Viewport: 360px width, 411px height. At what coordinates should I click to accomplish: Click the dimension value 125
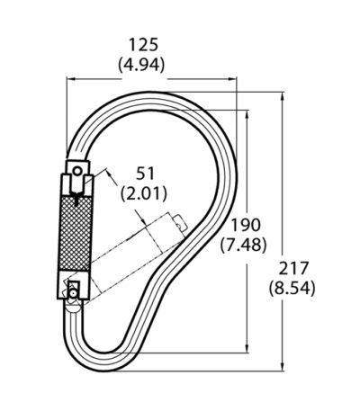coord(143,45)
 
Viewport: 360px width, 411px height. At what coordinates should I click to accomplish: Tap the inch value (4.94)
coord(141,64)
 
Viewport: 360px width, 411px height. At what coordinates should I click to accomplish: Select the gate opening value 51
coord(145,174)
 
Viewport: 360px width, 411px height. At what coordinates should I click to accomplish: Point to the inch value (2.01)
coord(143,192)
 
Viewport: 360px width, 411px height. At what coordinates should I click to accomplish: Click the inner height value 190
coord(245,225)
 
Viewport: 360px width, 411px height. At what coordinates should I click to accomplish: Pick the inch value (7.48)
coord(243,245)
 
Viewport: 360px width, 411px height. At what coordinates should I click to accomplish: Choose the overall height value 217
coord(293,268)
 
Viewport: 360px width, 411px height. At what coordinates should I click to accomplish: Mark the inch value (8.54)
coord(292,288)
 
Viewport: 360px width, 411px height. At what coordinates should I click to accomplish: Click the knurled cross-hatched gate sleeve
coord(75,234)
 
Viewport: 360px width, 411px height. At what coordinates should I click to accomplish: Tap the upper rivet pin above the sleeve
coord(77,172)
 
